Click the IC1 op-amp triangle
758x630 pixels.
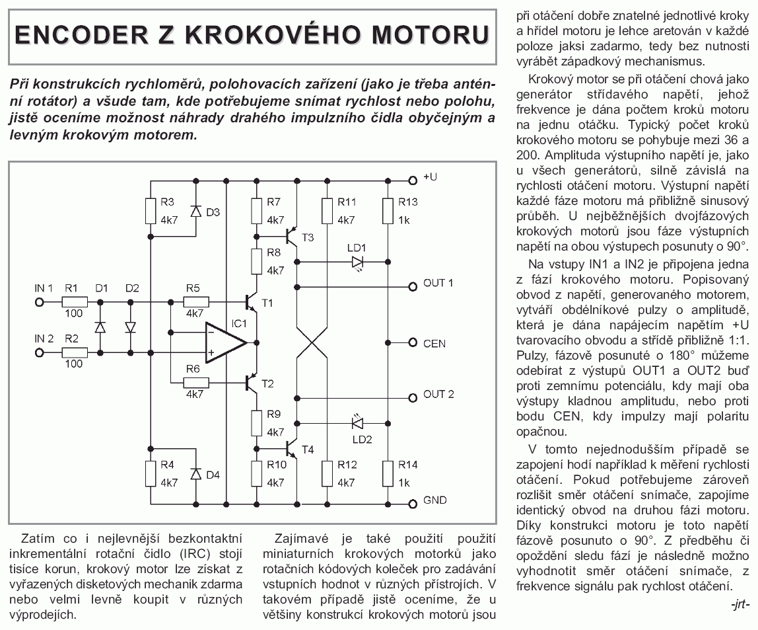click(x=223, y=343)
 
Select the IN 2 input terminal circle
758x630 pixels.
click(x=39, y=352)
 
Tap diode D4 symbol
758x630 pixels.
click(x=195, y=473)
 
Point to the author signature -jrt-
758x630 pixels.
click(x=740, y=604)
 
